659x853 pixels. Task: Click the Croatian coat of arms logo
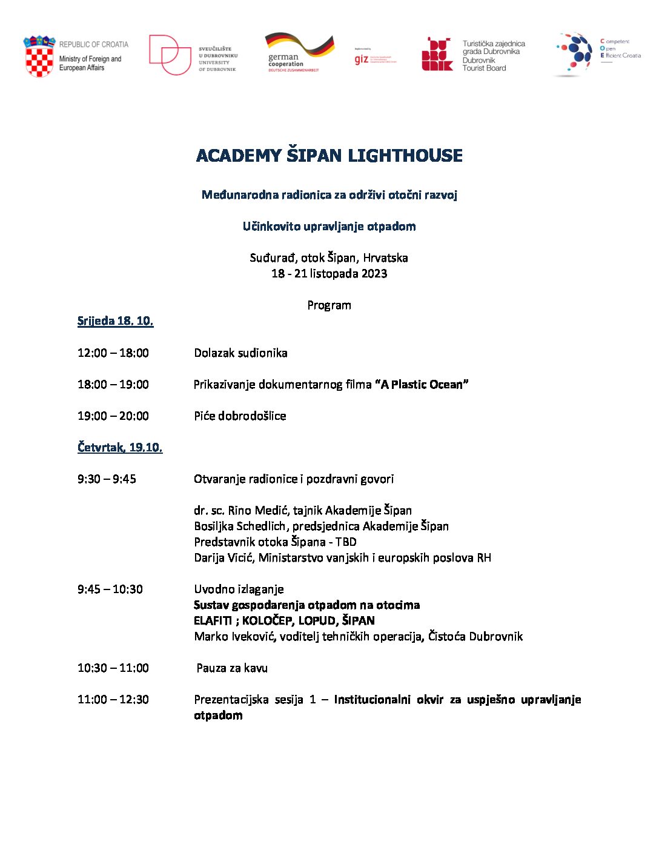pos(39,56)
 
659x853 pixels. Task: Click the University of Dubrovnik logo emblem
pos(170,55)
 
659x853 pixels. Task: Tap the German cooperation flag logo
pos(300,45)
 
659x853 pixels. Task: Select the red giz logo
pos(362,59)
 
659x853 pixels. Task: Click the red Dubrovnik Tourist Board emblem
pos(437,55)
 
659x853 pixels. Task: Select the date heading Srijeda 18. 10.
pos(115,321)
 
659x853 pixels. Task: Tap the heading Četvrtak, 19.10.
pos(120,448)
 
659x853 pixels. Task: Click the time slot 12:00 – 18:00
pos(113,353)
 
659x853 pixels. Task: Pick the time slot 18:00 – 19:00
pos(113,385)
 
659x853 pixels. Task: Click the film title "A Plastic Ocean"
pos(422,385)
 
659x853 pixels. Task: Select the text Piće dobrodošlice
pos(240,416)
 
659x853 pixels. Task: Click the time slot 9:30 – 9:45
pos(107,479)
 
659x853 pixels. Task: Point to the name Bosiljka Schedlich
pos(240,526)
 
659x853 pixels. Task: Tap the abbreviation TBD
pos(346,542)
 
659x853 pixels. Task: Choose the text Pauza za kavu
pos(232,668)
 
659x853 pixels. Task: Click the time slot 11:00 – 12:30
pos(113,700)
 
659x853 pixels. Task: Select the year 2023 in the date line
pos(374,274)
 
